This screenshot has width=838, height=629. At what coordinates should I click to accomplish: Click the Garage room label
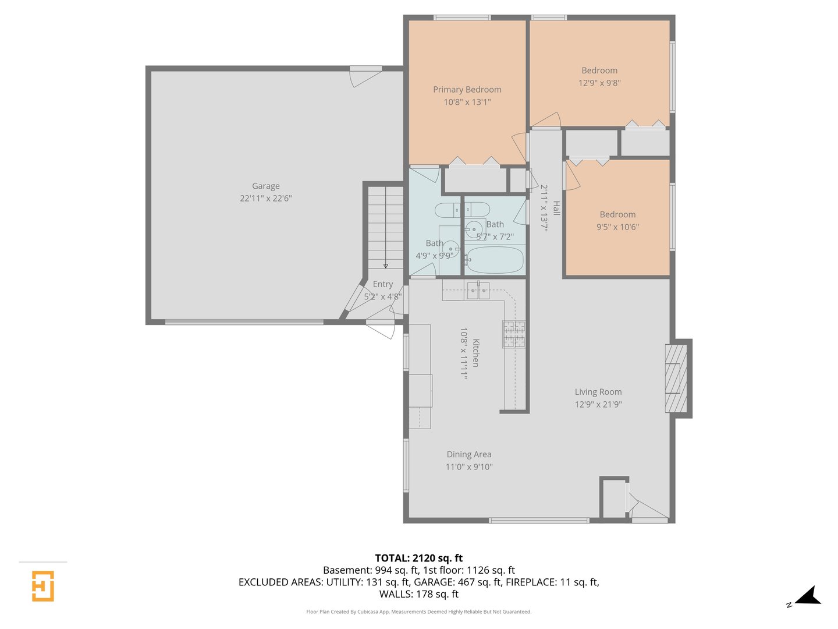pyautogui.click(x=265, y=186)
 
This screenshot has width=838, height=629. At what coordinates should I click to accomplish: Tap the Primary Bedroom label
pyautogui.click(x=467, y=89)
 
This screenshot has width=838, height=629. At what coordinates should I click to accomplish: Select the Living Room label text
pyautogui.click(x=598, y=392)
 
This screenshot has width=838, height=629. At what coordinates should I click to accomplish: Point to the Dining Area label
pyautogui.click(x=468, y=454)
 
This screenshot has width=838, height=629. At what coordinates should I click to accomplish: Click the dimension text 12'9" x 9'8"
pyautogui.click(x=599, y=83)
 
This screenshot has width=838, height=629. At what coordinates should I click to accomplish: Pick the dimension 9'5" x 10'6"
pyautogui.click(x=617, y=227)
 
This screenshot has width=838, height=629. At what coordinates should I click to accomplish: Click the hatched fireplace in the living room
pyautogui.click(x=676, y=378)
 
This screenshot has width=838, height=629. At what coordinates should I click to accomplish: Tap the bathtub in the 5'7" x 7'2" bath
pyautogui.click(x=495, y=260)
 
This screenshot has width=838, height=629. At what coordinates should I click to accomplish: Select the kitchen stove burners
pyautogui.click(x=513, y=334)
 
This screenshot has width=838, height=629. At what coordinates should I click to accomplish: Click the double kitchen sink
pyautogui.click(x=478, y=291)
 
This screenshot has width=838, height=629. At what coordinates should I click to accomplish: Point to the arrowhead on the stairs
pyautogui.click(x=385, y=266)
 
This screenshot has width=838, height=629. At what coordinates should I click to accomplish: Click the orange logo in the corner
pyautogui.click(x=42, y=586)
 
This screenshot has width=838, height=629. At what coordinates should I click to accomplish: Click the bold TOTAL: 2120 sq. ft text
pyautogui.click(x=418, y=558)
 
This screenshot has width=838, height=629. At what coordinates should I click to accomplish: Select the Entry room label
pyautogui.click(x=382, y=284)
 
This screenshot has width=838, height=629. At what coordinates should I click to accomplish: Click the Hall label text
pyautogui.click(x=556, y=208)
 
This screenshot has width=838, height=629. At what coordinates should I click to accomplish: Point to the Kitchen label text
pyautogui.click(x=475, y=353)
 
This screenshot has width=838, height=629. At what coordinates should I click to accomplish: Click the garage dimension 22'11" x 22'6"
pyautogui.click(x=265, y=198)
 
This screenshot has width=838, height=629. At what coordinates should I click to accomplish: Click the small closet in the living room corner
pyautogui.click(x=613, y=499)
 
